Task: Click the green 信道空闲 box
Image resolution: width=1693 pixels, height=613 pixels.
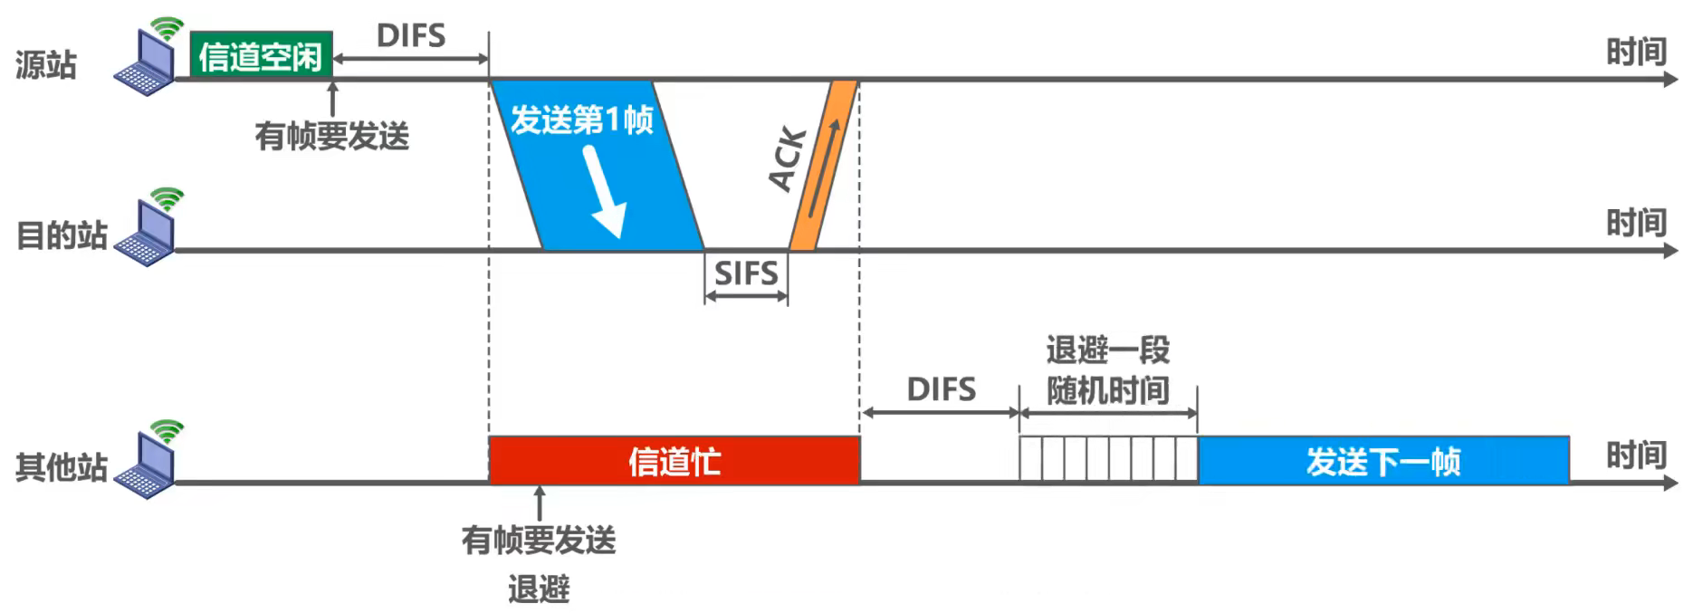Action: [x=261, y=55]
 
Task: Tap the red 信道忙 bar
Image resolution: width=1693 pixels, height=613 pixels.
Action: [x=674, y=461]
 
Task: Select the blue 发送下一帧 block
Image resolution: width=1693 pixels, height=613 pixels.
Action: [x=1382, y=461]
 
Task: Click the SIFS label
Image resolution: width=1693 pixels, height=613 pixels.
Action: [x=746, y=273]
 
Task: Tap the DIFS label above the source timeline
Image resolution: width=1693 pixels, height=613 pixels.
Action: [x=411, y=36]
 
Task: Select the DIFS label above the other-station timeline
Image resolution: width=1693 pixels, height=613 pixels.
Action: [x=941, y=390]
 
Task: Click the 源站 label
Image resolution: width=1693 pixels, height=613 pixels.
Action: [x=46, y=65]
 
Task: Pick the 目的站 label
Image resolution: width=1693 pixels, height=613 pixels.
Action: [x=62, y=235]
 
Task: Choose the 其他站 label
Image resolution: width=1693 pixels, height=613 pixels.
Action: [x=62, y=467]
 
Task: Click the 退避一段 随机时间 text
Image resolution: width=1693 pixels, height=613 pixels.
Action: [x=1108, y=370]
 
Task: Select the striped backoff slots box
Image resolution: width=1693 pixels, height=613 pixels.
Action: [x=1108, y=459]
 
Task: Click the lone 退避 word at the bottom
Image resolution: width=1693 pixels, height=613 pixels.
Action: [x=539, y=589]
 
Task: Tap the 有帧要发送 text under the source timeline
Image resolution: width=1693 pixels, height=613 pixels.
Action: [x=332, y=137]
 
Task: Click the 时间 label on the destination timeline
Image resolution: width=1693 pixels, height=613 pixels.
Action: [x=1636, y=223]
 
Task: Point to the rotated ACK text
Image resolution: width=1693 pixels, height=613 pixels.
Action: [x=787, y=159]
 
